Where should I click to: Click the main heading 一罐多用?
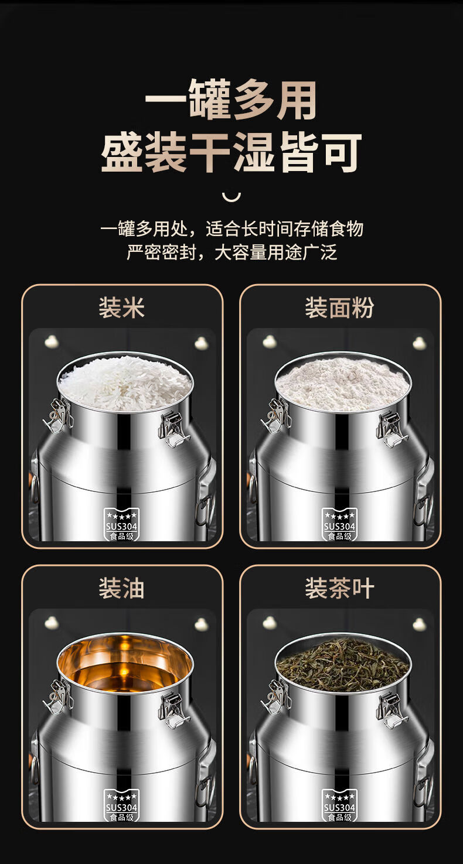point(231,99)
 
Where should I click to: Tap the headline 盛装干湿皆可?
point(231,152)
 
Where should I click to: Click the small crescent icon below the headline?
point(231,197)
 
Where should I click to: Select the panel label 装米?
point(121,308)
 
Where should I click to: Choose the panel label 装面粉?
point(339,308)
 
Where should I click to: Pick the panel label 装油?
point(121,588)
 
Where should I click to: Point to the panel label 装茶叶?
point(339,588)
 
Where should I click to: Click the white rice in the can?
point(125,382)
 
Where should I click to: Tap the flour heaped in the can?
point(342,384)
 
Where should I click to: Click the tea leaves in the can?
point(342,664)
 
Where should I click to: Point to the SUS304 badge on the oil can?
point(121,805)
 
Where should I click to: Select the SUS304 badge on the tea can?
point(339,805)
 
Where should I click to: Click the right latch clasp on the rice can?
point(173,429)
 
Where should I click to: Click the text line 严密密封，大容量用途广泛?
point(232,252)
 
